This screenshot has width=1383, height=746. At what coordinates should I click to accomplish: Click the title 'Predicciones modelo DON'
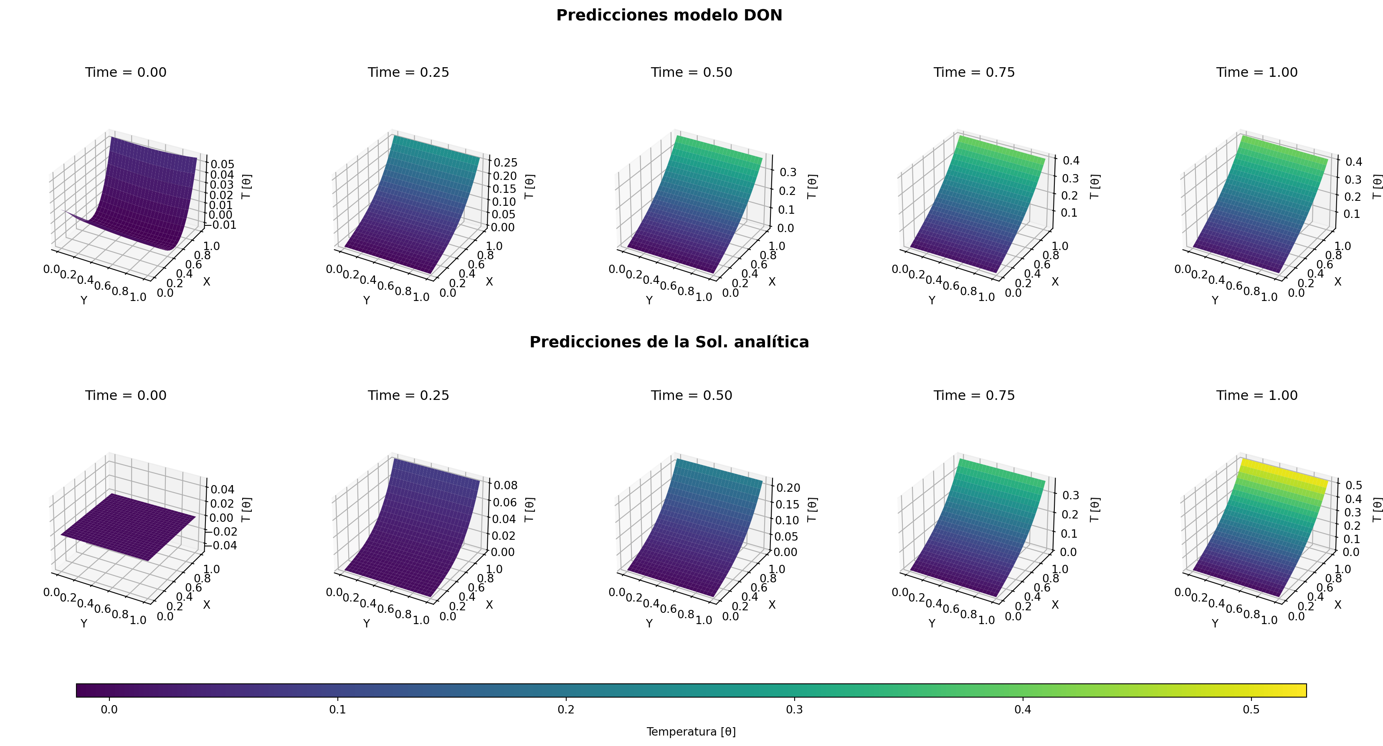(669, 15)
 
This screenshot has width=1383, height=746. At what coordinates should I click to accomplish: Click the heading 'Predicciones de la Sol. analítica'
(669, 342)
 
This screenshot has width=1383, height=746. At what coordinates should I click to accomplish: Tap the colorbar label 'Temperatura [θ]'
(691, 731)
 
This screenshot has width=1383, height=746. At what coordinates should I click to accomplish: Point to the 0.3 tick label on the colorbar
(794, 710)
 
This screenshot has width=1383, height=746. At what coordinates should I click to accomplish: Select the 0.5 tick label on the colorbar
(1251, 710)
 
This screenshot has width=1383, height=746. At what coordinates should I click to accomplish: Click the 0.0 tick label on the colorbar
(109, 710)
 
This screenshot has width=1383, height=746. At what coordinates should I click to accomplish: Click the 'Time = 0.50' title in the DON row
(691, 73)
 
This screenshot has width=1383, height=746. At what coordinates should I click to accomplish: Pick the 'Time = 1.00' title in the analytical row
(1257, 395)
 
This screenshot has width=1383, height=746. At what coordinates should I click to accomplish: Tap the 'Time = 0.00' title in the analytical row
(126, 395)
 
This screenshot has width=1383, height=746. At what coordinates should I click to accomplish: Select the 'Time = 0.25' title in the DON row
(408, 73)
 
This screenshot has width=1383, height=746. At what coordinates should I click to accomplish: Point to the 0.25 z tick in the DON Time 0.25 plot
(506, 163)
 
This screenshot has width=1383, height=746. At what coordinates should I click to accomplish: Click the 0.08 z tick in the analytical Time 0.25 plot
(505, 485)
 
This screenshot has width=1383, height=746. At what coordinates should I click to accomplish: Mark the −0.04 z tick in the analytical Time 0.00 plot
(220, 545)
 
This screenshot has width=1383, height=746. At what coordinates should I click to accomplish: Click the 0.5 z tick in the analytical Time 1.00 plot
(1353, 485)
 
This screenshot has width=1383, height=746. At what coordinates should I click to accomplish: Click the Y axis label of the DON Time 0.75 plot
(932, 301)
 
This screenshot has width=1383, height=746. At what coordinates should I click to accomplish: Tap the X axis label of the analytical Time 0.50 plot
(772, 604)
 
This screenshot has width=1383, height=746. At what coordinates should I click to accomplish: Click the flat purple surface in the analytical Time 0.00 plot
(129, 526)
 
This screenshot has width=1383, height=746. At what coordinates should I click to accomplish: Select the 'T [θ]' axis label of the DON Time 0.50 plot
(812, 186)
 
